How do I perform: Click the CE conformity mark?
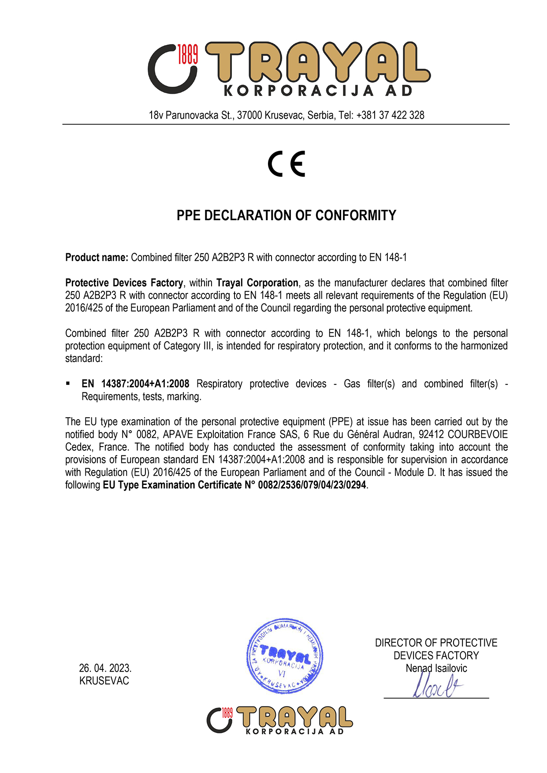pyautogui.click(x=287, y=163)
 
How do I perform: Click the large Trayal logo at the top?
pyautogui.click(x=289, y=68)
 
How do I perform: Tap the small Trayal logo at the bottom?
pyautogui.click(x=279, y=720)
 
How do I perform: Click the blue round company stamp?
pyautogui.click(x=284, y=655)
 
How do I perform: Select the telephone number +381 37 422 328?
pyautogui.click(x=390, y=115)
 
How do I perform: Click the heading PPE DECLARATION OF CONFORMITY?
pyautogui.click(x=286, y=215)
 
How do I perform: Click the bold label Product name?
pyautogui.click(x=97, y=257)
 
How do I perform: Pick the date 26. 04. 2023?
pyautogui.click(x=105, y=668)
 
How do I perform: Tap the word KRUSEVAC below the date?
pyautogui.click(x=104, y=681)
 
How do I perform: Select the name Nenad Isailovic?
pyautogui.click(x=436, y=668)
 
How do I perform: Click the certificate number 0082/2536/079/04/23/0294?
pyautogui.click(x=312, y=485)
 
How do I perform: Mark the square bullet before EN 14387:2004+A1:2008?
pyautogui.click(x=68, y=384)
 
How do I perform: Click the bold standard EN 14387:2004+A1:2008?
pyautogui.click(x=135, y=384)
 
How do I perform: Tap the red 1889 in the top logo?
pyautogui.click(x=187, y=54)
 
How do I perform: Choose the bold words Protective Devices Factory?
pyautogui.click(x=124, y=283)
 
